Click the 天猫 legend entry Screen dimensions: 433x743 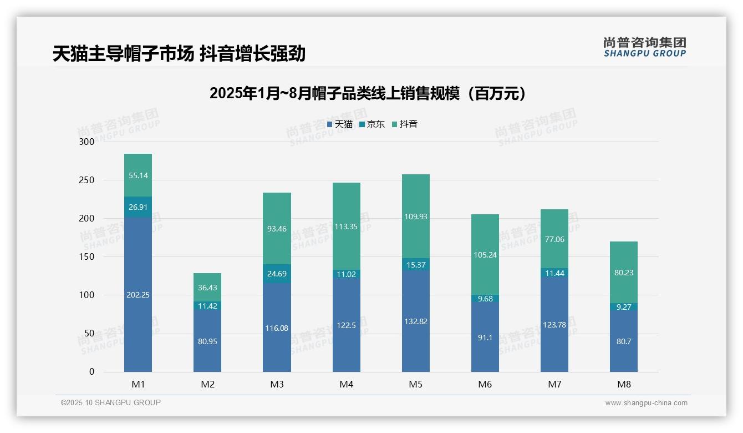click(x=340, y=124)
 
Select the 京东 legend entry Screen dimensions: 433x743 click(x=372, y=124)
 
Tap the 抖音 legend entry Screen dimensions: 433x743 click(x=405, y=124)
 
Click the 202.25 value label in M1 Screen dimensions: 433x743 click(x=138, y=295)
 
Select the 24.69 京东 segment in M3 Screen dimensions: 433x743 click(x=277, y=274)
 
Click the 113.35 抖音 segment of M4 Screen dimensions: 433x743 click(x=347, y=226)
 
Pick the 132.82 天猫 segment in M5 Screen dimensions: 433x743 click(x=416, y=321)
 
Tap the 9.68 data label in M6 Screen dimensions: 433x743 click(x=485, y=299)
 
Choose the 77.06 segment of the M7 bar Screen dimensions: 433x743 click(x=554, y=239)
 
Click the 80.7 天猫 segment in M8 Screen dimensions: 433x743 click(x=624, y=341)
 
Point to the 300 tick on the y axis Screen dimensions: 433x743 click(x=87, y=142)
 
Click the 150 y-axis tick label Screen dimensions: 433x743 click(x=87, y=256)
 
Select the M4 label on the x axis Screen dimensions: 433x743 click(x=347, y=384)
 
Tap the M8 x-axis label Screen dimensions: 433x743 click(x=624, y=384)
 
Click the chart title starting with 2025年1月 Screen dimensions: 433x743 click(x=368, y=93)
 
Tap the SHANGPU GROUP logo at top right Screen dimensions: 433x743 click(x=644, y=47)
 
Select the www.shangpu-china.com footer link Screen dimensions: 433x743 click(x=646, y=403)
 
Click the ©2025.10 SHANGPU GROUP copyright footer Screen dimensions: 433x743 click(x=111, y=402)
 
